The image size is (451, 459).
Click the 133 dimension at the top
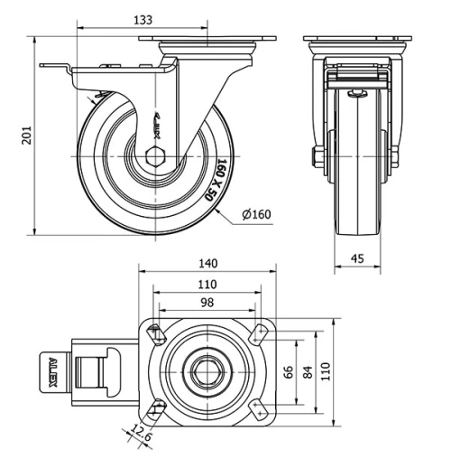point(143,18)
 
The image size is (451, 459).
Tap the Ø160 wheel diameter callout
point(257,214)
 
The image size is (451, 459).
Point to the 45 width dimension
point(358,259)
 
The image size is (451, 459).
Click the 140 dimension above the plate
point(207,264)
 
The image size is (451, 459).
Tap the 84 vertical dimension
point(309,371)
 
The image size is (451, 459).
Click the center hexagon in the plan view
point(207,370)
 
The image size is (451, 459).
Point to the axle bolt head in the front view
point(318,160)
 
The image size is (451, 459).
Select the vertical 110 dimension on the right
point(330,371)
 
